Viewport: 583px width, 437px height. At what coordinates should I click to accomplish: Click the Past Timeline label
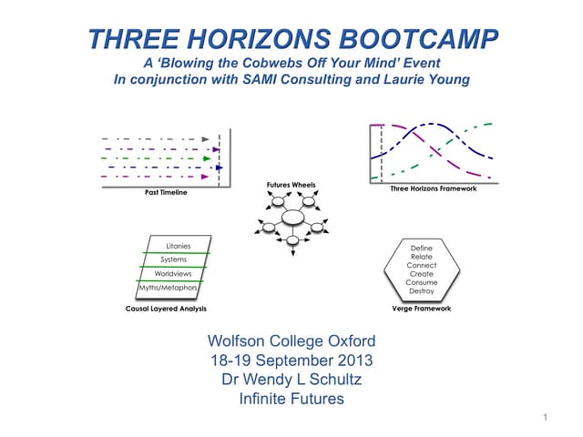[x=167, y=193]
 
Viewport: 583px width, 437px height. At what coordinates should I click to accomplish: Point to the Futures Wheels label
[x=291, y=185]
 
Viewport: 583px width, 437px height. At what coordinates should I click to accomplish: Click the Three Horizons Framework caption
[x=433, y=188]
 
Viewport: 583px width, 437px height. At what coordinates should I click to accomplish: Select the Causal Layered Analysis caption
[x=168, y=309]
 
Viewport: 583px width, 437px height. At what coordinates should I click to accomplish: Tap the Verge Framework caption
[x=421, y=309]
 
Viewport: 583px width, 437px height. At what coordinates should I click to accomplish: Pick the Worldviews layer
[x=172, y=273]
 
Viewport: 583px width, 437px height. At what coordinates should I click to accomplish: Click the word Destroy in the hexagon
[x=421, y=291]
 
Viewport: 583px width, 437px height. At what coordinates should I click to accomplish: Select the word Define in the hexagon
[x=422, y=248]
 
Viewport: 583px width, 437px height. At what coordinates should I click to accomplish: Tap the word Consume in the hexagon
[x=421, y=282]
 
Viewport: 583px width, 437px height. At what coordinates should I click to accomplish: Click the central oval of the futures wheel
[x=293, y=218]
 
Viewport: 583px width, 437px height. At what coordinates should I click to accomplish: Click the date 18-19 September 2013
[x=291, y=360]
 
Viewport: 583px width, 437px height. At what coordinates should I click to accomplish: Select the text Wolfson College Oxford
[x=291, y=342]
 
